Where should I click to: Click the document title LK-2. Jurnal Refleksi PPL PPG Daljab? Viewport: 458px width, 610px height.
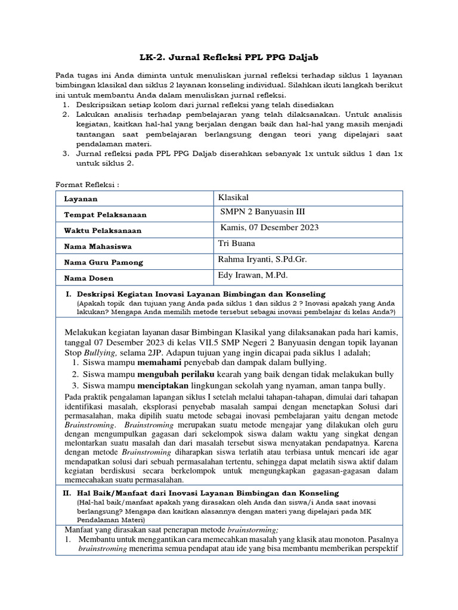coord(229,57)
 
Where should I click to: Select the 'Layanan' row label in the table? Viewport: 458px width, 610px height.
coord(82,199)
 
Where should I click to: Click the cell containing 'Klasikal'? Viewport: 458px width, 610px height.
coord(234,197)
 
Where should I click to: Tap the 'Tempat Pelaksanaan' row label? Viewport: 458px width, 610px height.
coord(106,214)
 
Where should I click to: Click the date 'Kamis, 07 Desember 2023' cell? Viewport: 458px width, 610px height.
coord(270,228)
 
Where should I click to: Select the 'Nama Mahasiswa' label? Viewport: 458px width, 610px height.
coord(98,246)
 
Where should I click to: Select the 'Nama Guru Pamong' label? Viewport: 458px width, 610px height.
coord(104,262)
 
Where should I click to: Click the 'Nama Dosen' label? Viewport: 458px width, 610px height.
coord(89,278)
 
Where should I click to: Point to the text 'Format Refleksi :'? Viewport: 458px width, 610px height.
coord(87,184)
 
